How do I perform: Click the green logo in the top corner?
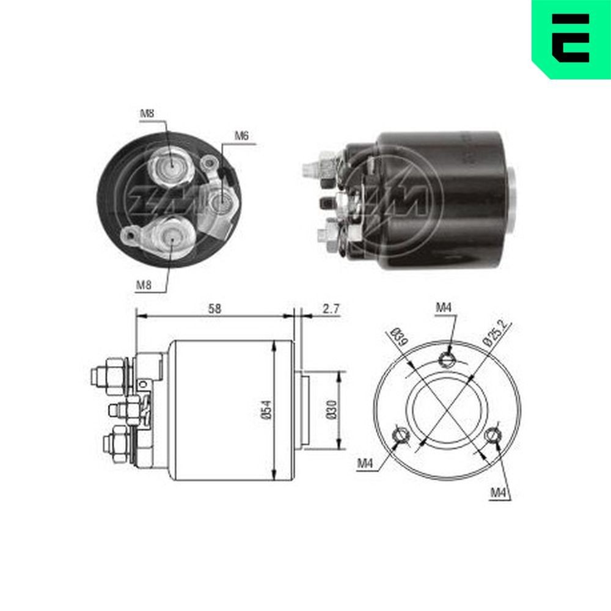(571, 38)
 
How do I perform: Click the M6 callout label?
(242, 136)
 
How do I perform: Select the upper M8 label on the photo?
(147, 113)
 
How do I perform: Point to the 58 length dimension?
(213, 309)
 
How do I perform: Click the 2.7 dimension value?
(331, 309)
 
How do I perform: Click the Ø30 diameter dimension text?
(331, 410)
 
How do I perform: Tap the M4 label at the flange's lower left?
(365, 464)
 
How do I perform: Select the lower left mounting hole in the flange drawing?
(400, 436)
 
